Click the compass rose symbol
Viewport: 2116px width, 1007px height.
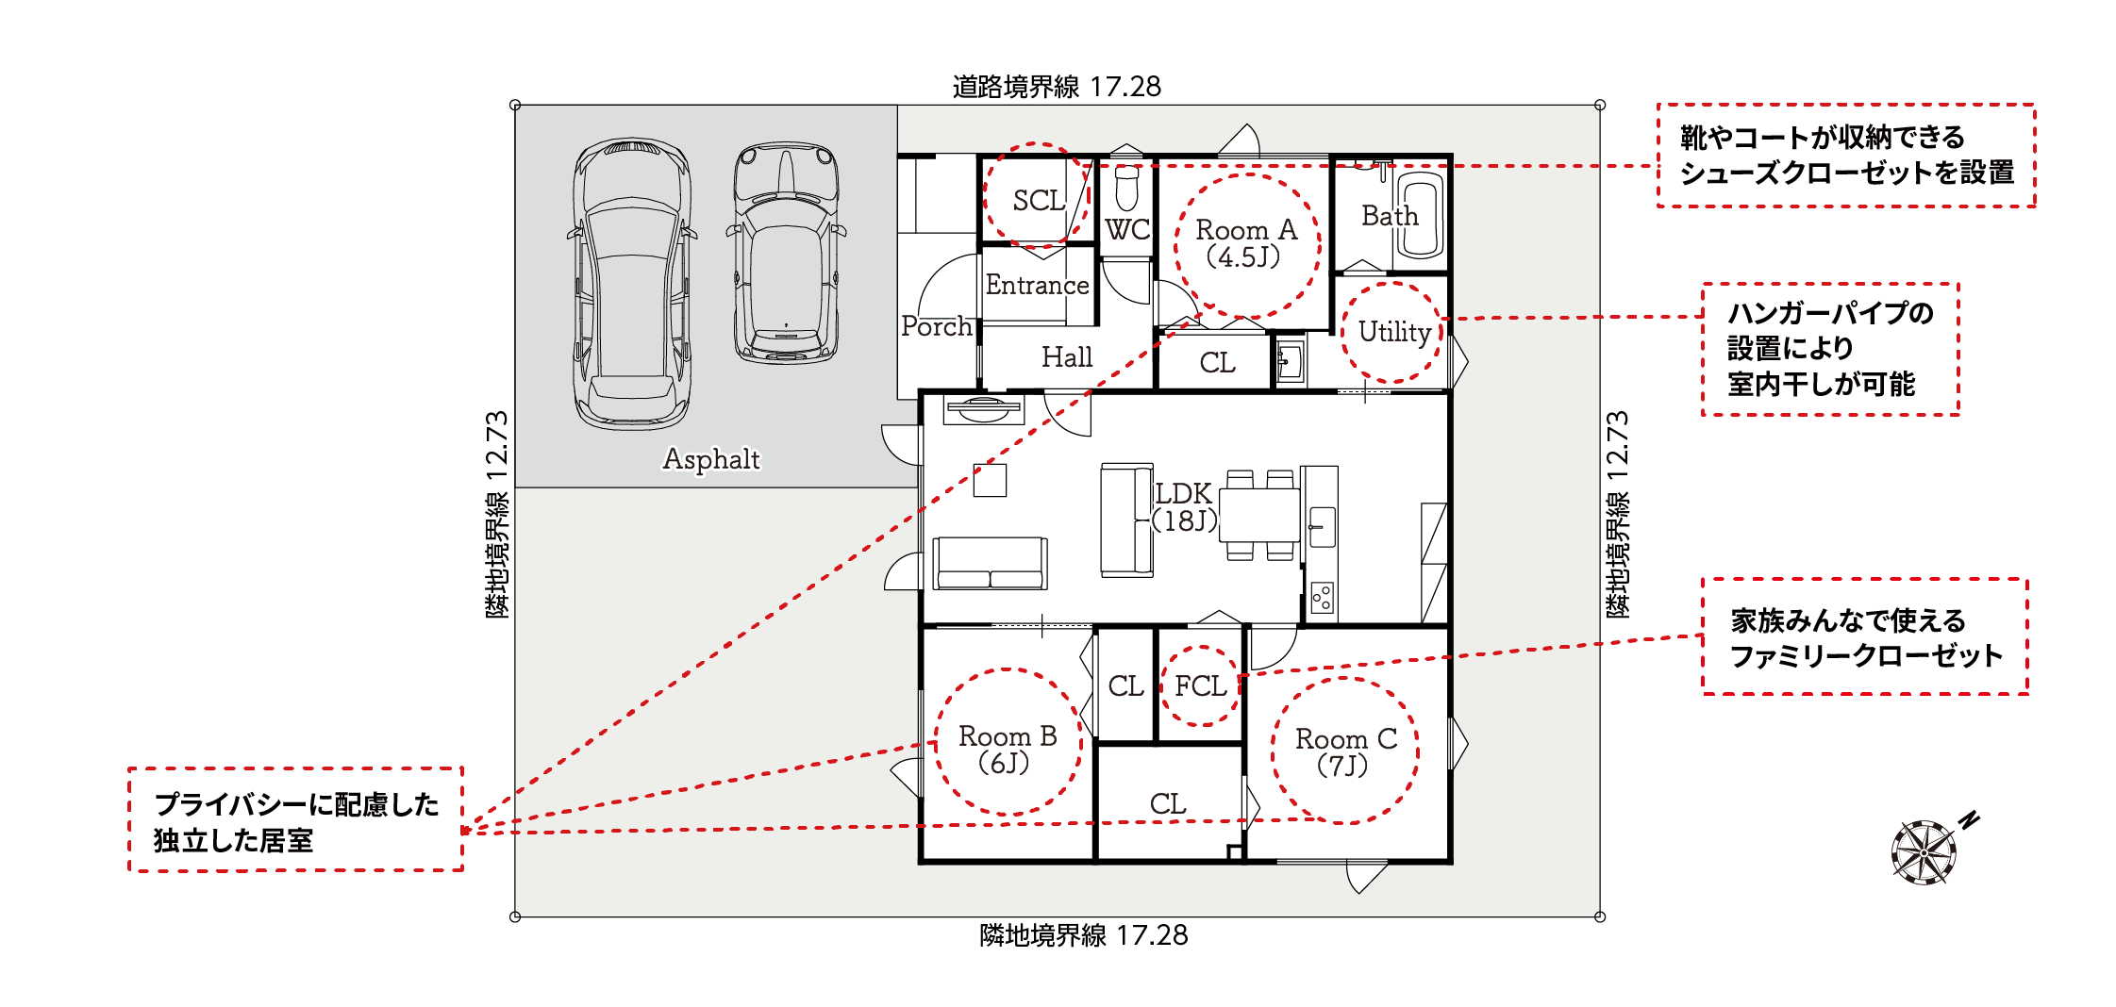tap(1924, 852)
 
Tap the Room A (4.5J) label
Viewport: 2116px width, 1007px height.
tap(1246, 243)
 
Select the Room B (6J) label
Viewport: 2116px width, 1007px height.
tap(1007, 750)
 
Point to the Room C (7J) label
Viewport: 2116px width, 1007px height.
tap(1345, 751)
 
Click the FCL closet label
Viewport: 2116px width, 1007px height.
tap(1200, 685)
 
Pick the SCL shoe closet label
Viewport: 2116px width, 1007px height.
tap(1039, 200)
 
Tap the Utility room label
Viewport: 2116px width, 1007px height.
tap(1394, 332)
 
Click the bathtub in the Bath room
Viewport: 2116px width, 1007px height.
tap(1420, 215)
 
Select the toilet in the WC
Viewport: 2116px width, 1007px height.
tap(1126, 188)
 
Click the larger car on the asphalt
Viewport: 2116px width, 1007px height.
tap(632, 284)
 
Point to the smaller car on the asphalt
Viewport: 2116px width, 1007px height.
tap(786, 253)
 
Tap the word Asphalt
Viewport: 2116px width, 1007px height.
tap(711, 459)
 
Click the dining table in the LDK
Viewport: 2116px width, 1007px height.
tap(1260, 514)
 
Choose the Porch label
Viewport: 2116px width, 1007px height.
tap(936, 326)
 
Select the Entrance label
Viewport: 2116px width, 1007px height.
tap(1037, 285)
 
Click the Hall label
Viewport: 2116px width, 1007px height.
tap(1067, 356)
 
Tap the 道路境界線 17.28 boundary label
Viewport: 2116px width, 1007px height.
tap(1057, 87)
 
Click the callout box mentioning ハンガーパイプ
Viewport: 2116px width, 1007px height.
tap(1830, 349)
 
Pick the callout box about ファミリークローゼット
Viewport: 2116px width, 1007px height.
tap(1865, 636)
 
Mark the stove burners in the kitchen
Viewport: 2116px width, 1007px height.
tap(1323, 597)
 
